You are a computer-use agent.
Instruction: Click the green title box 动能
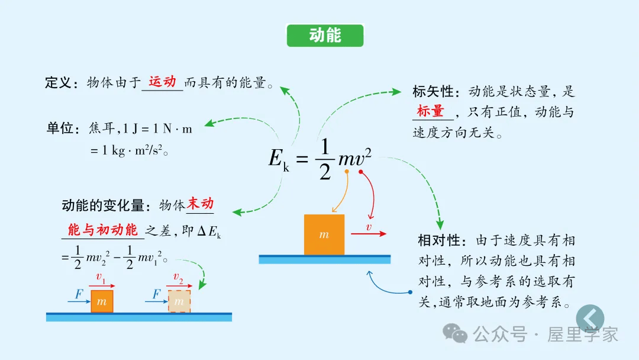[x=325, y=36]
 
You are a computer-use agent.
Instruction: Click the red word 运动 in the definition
[x=162, y=82]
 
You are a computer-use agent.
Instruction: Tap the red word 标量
[x=430, y=111]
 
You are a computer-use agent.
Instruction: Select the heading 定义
[x=58, y=83]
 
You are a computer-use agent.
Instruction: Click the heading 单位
[x=60, y=128]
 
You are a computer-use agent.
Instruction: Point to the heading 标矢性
[x=433, y=92]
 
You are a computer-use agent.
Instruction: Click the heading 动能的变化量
[x=103, y=205]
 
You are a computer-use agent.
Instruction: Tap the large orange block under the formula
[x=324, y=234]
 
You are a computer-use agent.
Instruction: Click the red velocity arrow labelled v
[x=368, y=234]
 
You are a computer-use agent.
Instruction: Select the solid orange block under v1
[x=102, y=301]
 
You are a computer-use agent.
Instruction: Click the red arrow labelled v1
[x=102, y=286]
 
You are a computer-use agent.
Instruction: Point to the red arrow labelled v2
[x=179, y=286]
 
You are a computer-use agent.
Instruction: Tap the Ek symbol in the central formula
[x=279, y=159]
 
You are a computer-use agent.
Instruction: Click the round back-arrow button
[x=590, y=318]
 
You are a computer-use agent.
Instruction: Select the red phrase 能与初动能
[x=102, y=230]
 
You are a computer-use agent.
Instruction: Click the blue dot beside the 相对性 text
[x=410, y=292]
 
